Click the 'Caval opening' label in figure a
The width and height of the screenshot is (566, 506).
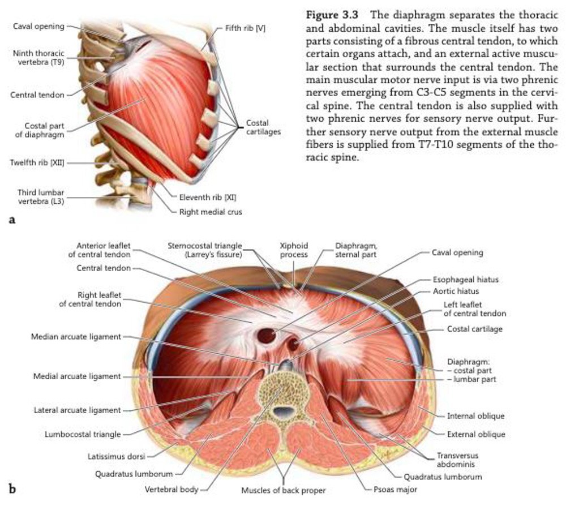point(37,26)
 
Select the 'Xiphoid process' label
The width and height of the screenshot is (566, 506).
point(294,250)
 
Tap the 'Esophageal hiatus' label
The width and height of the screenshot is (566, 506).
point(465,280)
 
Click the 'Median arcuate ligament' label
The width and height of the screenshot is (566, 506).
point(75,337)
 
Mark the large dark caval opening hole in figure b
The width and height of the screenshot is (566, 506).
point(266,336)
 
